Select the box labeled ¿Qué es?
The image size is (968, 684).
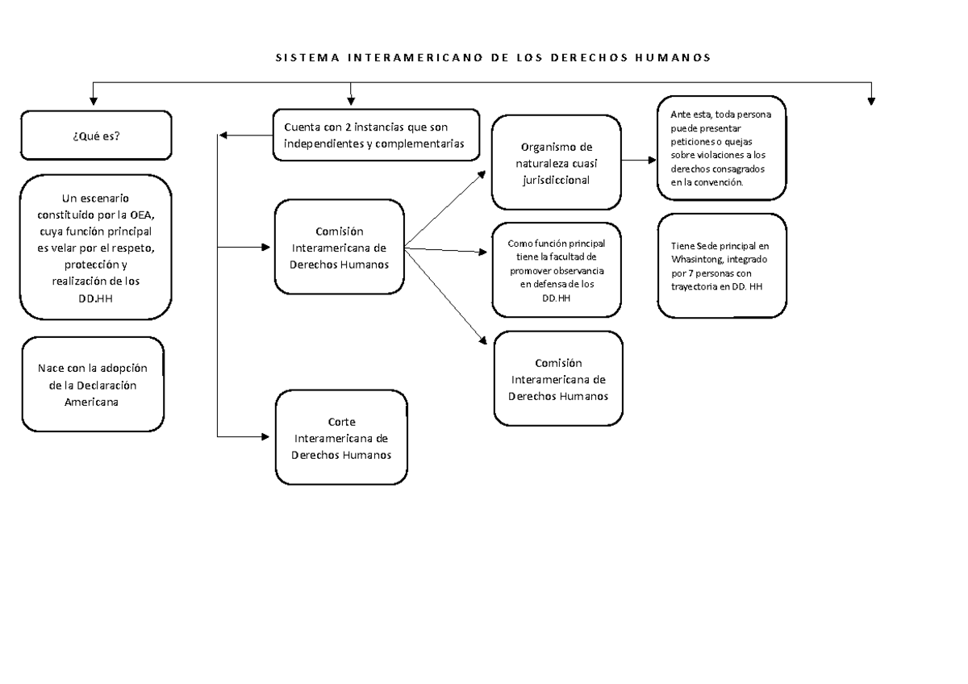click(x=95, y=136)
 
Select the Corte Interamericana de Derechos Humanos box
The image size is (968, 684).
click(x=341, y=438)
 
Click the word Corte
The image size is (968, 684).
click(x=341, y=423)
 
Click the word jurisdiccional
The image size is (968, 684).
click(x=557, y=181)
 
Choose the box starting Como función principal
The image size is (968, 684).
click(x=557, y=271)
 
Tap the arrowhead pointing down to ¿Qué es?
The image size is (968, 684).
click(x=93, y=100)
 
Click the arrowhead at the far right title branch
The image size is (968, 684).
click(x=871, y=100)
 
